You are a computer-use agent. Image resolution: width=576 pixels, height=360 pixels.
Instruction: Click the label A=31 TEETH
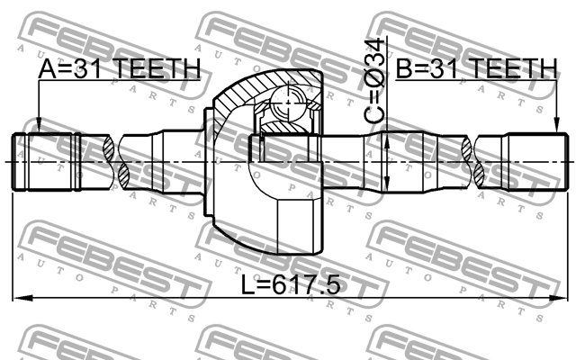coord(119,69)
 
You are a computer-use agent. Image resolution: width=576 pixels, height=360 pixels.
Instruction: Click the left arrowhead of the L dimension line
coord(17,298)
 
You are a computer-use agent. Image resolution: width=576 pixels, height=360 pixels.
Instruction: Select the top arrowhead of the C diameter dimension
coord(385,136)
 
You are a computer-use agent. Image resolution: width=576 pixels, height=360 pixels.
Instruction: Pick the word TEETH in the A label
coord(162,69)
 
